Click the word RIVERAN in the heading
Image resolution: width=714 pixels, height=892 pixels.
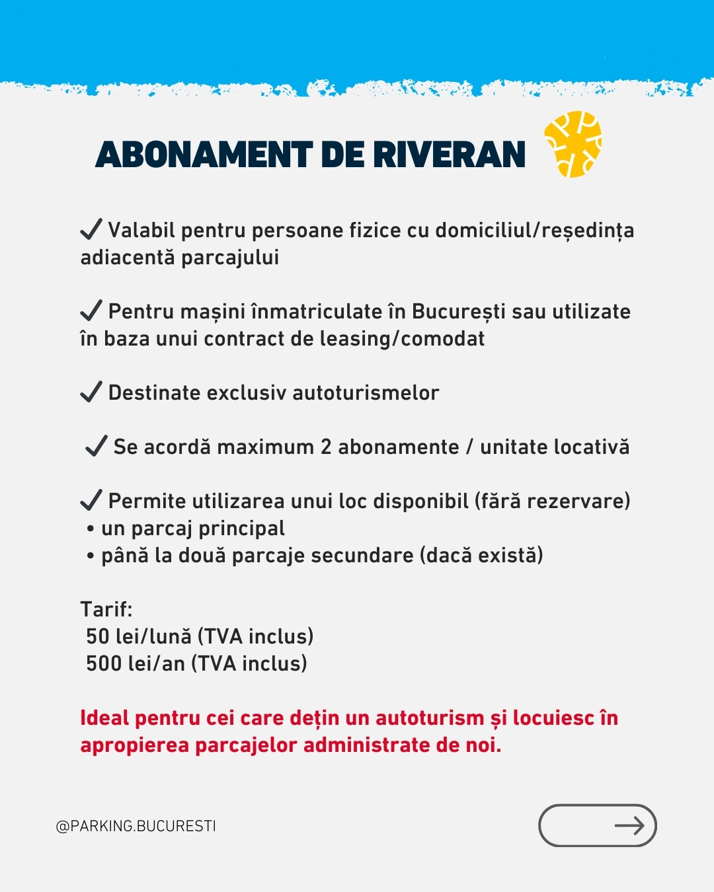click(450, 155)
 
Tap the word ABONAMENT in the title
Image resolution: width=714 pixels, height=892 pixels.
click(204, 155)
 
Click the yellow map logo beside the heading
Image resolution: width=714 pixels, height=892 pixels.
click(573, 144)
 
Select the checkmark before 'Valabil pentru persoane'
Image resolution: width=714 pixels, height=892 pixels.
click(91, 229)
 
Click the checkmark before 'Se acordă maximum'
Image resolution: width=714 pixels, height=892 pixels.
click(97, 446)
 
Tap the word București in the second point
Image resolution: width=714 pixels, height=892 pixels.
click(459, 311)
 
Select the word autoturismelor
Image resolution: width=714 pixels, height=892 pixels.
click(366, 393)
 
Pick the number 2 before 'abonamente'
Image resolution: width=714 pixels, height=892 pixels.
click(325, 447)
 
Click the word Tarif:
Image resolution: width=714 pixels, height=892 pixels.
click(106, 609)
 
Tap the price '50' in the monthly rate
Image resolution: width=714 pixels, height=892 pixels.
click(98, 636)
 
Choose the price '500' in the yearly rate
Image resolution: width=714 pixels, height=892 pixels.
click(104, 663)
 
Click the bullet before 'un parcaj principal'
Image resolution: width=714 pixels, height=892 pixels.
click(91, 529)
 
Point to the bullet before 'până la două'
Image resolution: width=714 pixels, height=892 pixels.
click(91, 556)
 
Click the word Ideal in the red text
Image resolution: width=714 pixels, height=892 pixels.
click(104, 718)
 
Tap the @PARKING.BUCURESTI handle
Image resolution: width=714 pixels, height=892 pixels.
click(136, 826)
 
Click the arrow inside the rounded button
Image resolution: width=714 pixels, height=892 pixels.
click(629, 825)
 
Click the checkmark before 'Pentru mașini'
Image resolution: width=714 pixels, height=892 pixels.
click(91, 310)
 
